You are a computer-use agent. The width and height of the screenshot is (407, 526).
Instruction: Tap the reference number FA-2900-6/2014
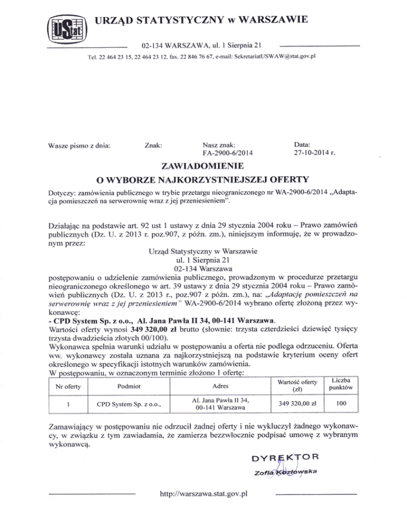pos(228,154)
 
